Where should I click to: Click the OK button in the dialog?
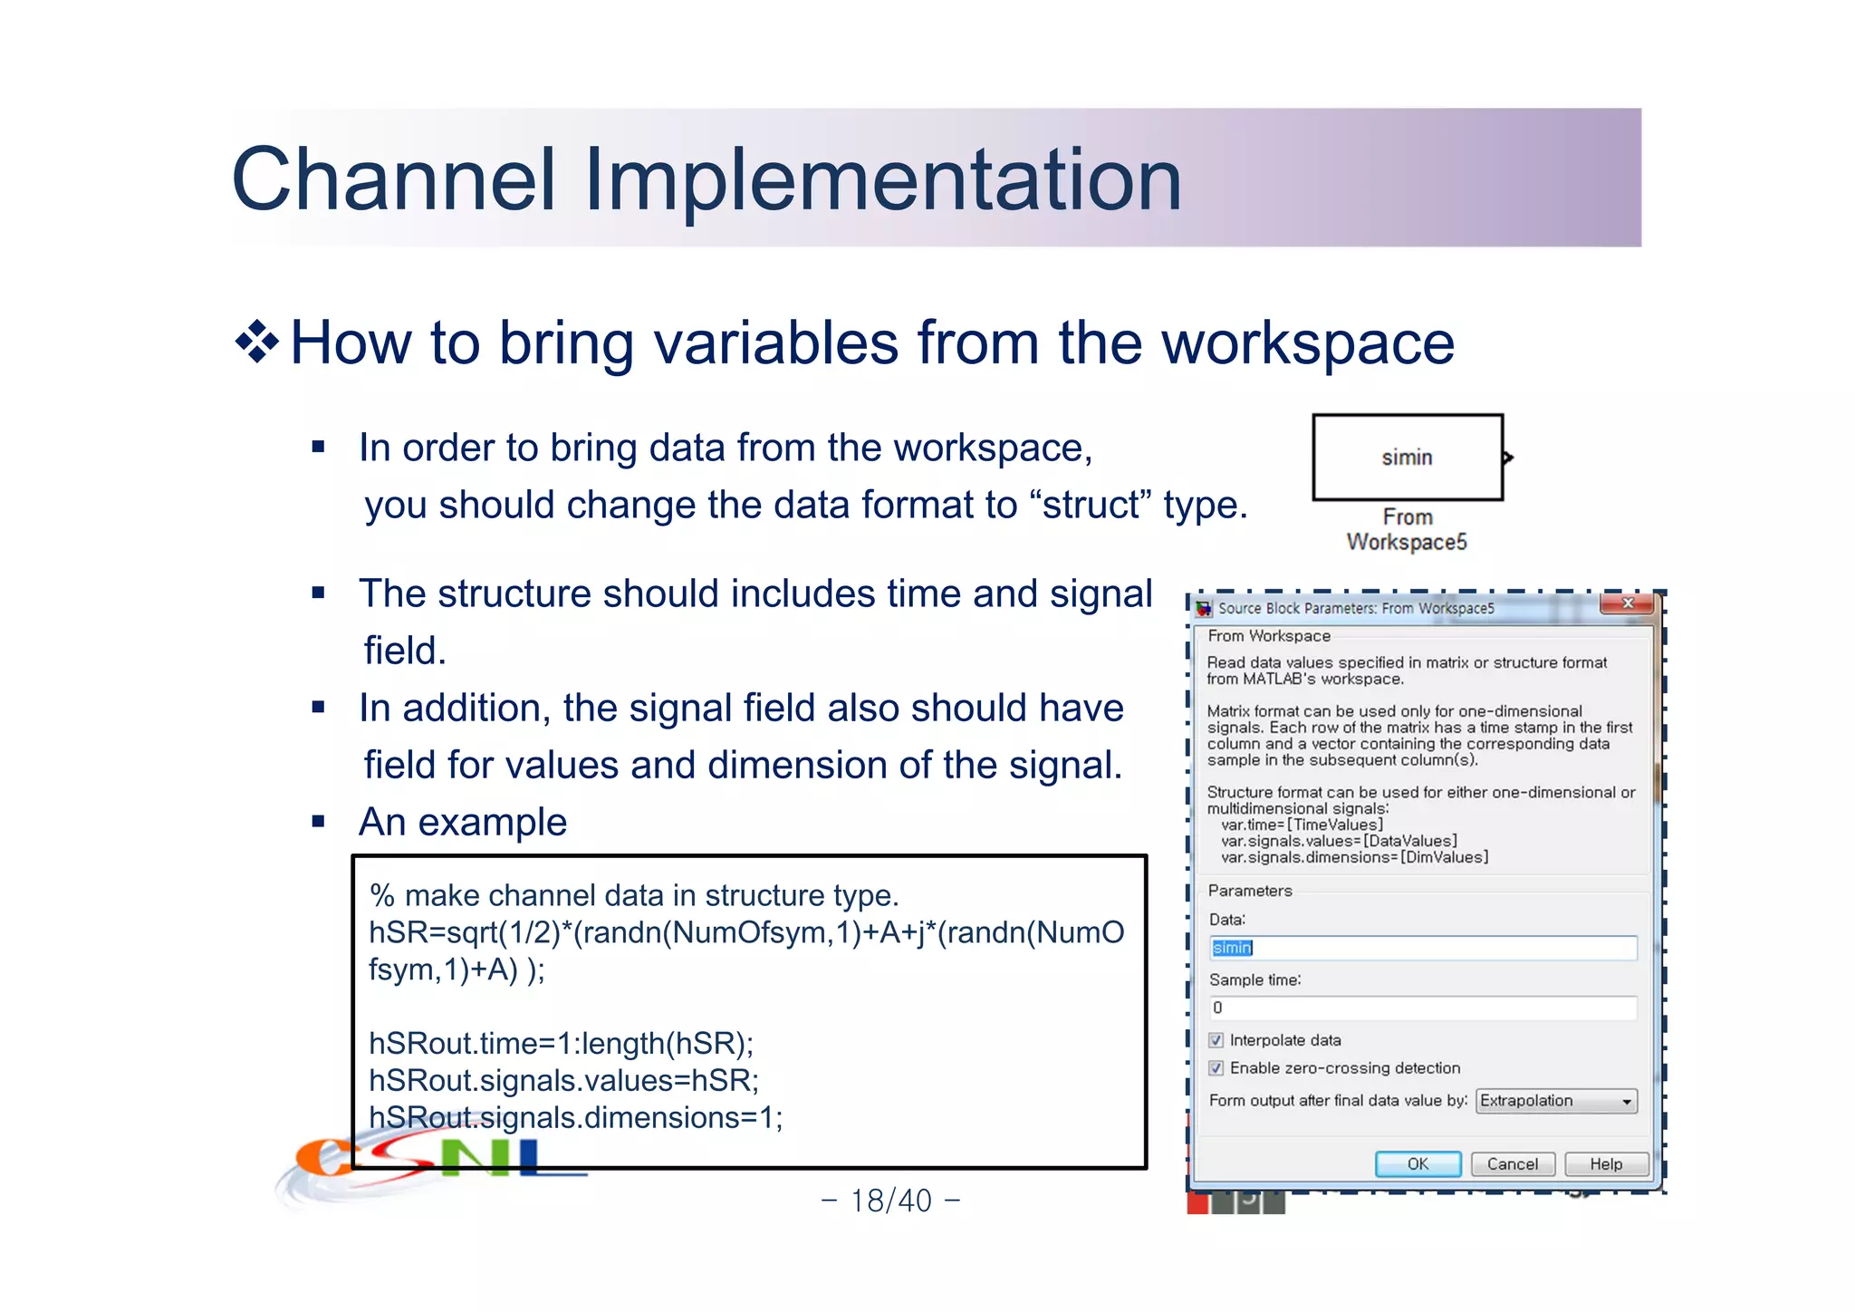click(1418, 1164)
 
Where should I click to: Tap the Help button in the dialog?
click(1606, 1164)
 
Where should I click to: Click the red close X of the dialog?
click(1627, 603)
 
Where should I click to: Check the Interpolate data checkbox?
click(1216, 1040)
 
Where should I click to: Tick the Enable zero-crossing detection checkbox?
click(1216, 1068)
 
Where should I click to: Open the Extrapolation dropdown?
click(1556, 1101)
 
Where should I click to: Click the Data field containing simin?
click(1422, 948)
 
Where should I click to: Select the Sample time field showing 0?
click(1422, 1008)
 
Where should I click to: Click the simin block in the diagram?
click(1407, 458)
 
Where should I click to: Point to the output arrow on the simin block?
click(1508, 458)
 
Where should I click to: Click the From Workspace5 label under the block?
click(1407, 530)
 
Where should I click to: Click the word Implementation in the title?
click(883, 179)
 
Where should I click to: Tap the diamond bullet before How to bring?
click(257, 343)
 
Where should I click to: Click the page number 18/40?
click(890, 1201)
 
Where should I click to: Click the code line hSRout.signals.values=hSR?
click(563, 1081)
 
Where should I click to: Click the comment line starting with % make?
click(634, 895)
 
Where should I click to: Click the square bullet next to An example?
click(318, 823)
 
